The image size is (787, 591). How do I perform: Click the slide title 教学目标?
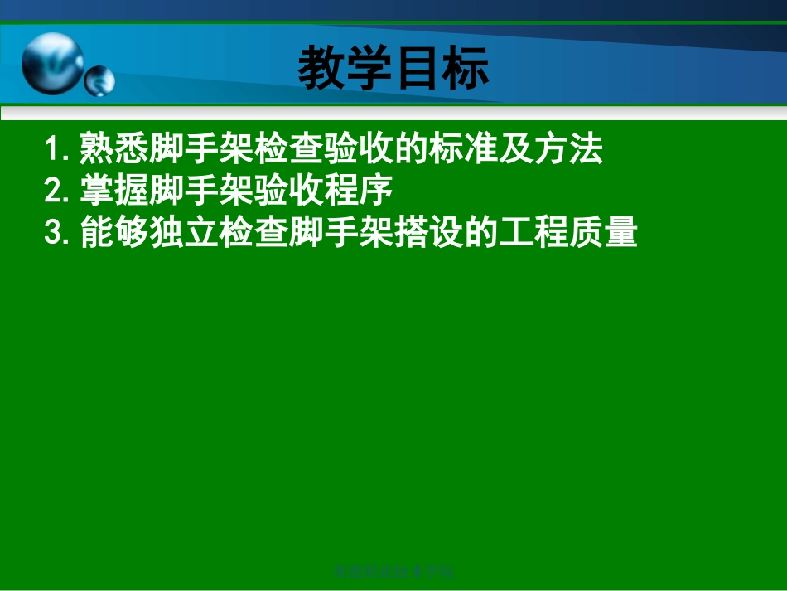coord(393,68)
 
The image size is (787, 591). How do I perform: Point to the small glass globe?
coord(99,81)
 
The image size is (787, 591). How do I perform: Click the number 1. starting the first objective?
coord(60,150)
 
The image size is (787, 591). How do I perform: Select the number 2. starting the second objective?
coord(60,191)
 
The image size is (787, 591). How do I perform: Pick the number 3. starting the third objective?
coord(60,233)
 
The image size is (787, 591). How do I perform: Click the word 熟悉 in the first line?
coord(114,150)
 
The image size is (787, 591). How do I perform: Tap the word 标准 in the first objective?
coord(463,150)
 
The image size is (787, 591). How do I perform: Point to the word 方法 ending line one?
coord(567,150)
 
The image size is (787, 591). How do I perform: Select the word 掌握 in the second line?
coord(114,191)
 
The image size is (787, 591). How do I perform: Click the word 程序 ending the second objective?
coord(358,191)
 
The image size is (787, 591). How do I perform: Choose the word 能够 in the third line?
coord(114,233)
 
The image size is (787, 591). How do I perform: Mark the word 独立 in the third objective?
coord(184,233)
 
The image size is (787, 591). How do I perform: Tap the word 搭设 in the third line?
coord(428,233)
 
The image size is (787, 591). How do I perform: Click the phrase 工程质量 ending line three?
coord(567,233)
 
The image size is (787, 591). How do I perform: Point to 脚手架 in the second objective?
coord(201,191)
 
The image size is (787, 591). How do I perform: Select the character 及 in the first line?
coord(515,150)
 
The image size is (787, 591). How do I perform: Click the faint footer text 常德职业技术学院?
coord(393,571)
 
